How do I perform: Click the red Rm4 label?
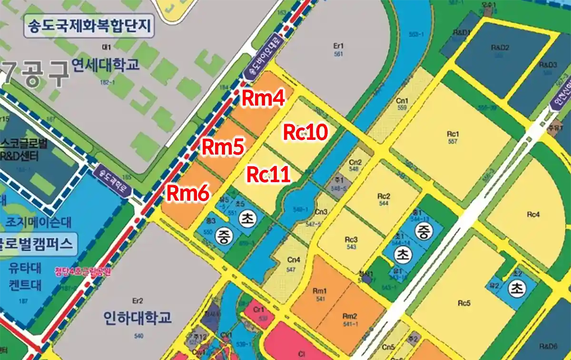click(x=264, y=99)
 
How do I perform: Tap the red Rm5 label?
click(x=223, y=147)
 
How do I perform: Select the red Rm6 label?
click(x=187, y=193)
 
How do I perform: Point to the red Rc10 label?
click(x=305, y=133)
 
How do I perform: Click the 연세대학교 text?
click(x=105, y=64)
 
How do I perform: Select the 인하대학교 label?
click(x=138, y=317)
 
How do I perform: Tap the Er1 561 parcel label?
click(x=338, y=49)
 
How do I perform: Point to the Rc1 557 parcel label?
click(x=453, y=137)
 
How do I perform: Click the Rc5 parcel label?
click(x=464, y=303)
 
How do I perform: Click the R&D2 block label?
click(x=500, y=50)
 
